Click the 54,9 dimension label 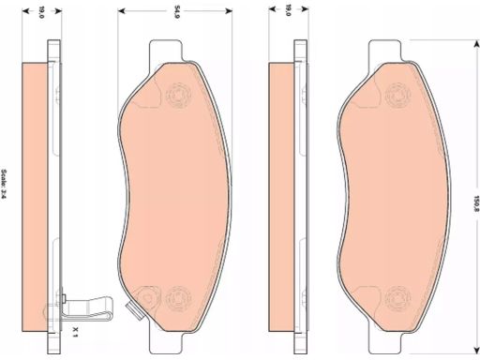coord(177,12)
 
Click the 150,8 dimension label coord(476,204)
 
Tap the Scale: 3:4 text coord(4,184)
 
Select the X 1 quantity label coord(75,332)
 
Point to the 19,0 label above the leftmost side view coord(41,12)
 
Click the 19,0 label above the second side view coord(288,10)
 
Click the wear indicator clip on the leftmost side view coord(86,307)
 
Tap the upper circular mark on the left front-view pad coord(179,95)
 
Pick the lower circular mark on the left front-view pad coord(178,298)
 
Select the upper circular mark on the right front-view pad coord(398,95)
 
